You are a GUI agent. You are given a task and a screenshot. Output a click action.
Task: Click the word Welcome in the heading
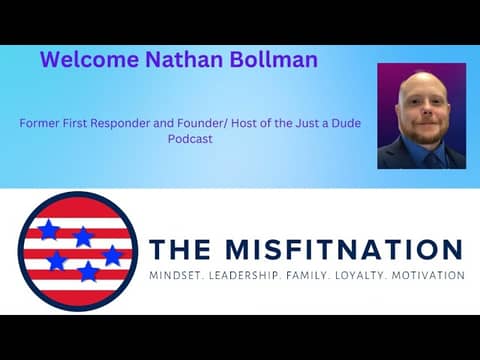pyautogui.click(x=86, y=60)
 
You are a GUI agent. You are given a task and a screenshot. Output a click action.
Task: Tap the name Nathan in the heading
pyautogui.click(x=178, y=60)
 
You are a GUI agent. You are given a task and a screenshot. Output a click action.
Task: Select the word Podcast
pyautogui.click(x=190, y=140)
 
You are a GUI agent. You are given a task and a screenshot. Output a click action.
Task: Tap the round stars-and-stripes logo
pyautogui.click(x=77, y=251)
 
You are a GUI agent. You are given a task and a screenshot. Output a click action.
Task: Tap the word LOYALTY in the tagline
pyautogui.click(x=374, y=275)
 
